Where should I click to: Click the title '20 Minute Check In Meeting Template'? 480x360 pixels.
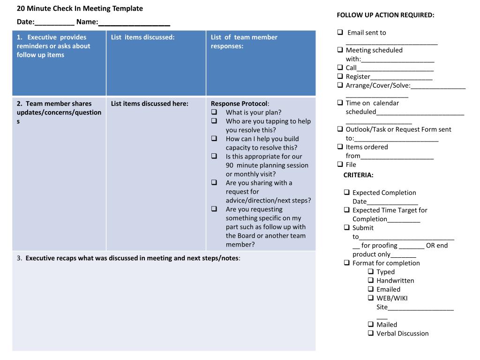[80, 8]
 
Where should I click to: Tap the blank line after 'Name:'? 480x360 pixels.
[134, 22]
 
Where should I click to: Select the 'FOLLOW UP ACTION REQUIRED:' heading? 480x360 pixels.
[385, 15]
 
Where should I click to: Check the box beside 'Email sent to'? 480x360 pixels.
[340, 32]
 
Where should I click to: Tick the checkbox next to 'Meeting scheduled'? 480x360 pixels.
[340, 50]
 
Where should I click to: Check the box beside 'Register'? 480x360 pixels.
[340, 76]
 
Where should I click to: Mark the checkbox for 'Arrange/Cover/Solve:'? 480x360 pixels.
[340, 85]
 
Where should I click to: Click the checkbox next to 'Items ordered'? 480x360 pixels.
[340, 147]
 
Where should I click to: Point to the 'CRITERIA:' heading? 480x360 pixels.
[358, 175]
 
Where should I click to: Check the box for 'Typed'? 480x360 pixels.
[371, 271]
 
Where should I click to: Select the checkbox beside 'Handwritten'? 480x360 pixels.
[371, 280]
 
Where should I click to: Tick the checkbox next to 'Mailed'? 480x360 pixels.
[371, 324]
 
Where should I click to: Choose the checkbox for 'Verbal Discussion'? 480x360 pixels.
[371, 333]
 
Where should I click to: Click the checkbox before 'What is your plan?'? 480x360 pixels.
[214, 112]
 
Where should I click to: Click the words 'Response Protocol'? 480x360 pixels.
[239, 104]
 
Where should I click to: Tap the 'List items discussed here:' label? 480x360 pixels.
[150, 104]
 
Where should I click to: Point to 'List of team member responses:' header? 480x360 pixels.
[244, 41]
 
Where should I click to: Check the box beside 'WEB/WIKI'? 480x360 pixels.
[371, 298]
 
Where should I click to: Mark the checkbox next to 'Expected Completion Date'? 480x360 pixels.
[346, 192]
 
